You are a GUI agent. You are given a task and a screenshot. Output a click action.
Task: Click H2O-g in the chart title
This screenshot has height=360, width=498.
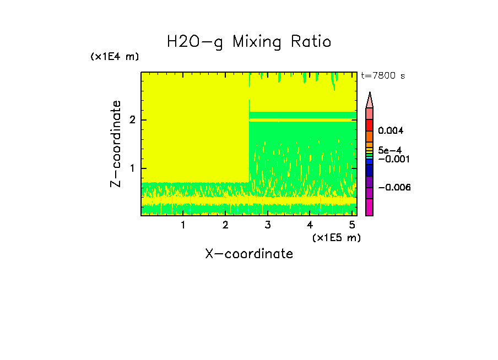196,42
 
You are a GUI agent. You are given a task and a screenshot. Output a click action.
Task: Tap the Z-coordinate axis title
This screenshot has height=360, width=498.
116,144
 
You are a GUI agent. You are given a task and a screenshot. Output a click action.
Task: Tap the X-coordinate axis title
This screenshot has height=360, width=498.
249,254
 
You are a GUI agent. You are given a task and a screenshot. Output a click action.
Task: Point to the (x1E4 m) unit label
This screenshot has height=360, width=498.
115,57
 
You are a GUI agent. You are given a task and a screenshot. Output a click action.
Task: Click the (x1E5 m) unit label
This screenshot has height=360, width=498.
337,237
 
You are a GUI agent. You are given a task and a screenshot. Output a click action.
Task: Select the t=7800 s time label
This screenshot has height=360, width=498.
383,76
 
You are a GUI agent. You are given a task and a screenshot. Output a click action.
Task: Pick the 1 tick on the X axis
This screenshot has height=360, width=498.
183,225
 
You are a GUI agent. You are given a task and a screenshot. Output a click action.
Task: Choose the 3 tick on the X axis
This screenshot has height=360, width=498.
267,225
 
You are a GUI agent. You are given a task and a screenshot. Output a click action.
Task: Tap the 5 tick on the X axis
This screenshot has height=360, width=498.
351,225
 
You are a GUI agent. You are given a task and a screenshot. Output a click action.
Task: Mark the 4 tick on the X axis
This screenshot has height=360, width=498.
310,225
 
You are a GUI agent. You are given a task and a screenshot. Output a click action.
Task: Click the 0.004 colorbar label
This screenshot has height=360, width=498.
391,131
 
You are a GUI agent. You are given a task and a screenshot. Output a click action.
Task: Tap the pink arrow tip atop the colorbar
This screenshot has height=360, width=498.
370,100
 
